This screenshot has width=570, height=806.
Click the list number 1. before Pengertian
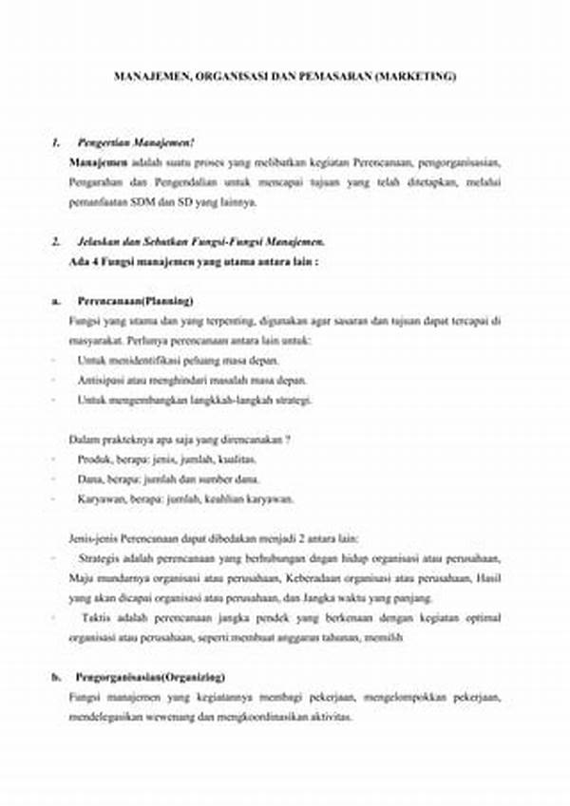(x=56, y=142)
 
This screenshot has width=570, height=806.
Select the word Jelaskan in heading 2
(x=96, y=241)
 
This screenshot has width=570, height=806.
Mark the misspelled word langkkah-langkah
(x=229, y=400)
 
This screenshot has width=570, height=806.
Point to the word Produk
(x=93, y=459)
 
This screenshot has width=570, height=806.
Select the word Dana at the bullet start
(x=88, y=479)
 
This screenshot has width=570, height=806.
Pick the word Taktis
(x=96, y=618)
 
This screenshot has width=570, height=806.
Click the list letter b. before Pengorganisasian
(x=56, y=678)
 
